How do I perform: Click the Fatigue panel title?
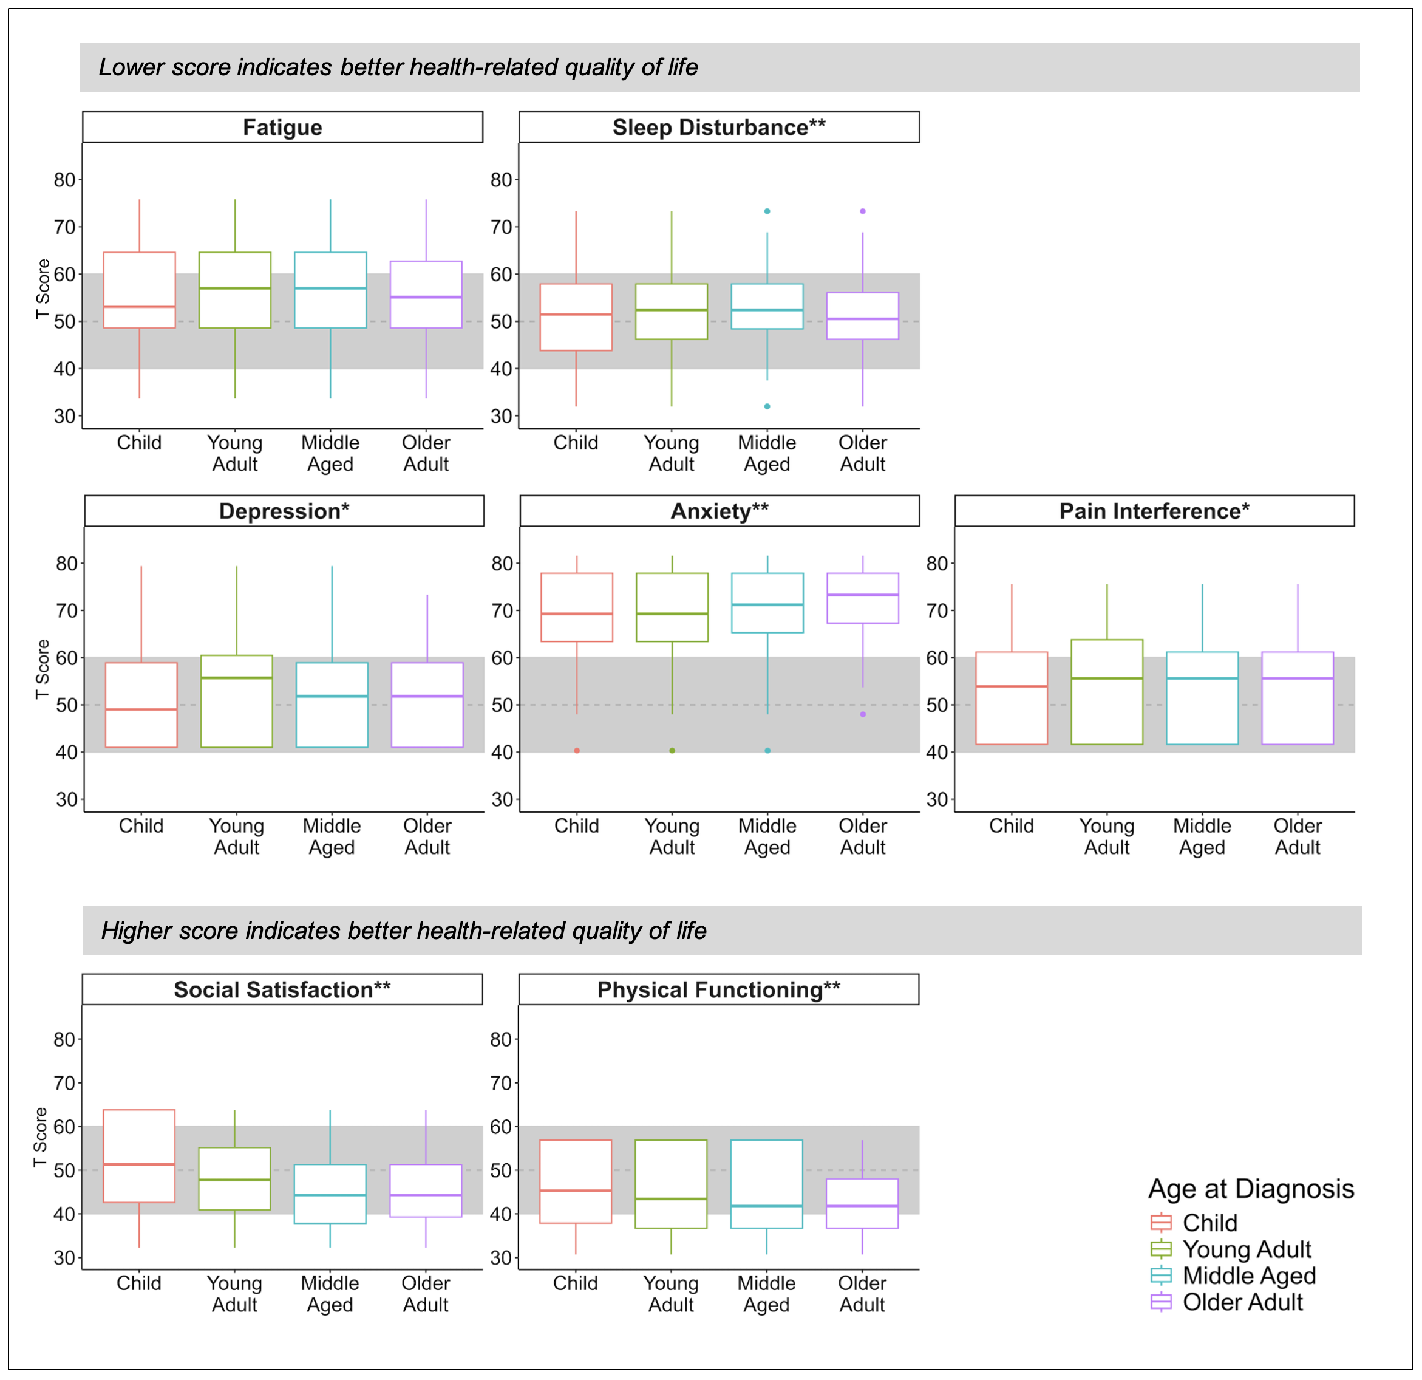282,128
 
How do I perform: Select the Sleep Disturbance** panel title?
718,128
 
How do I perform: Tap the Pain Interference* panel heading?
1154,511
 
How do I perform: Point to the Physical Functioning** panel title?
718,989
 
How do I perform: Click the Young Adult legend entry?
1247,1249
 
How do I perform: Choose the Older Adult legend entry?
1242,1302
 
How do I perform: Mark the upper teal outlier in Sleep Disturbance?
767,211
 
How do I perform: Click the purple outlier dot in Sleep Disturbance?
863,211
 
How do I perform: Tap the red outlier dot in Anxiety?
577,751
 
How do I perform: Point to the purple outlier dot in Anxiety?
863,714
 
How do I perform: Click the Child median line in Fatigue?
139,306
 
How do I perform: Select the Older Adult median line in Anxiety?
863,595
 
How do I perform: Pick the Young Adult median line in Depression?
237,678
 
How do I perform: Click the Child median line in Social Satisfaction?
139,1164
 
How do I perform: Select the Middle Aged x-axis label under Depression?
332,836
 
